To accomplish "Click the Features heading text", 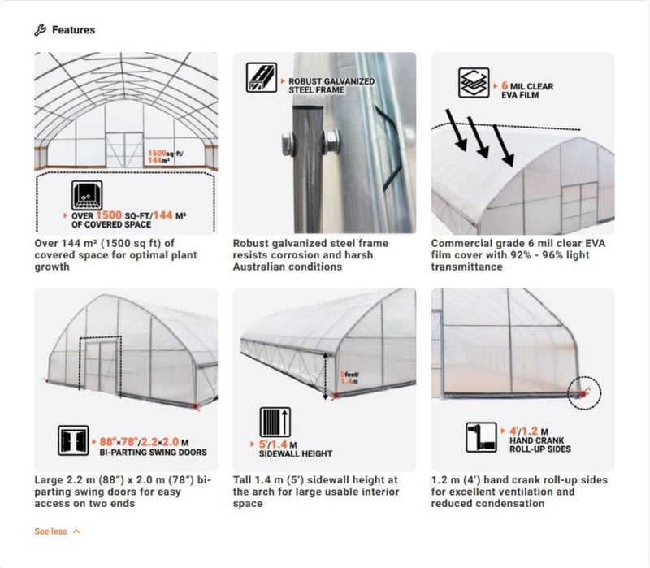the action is coord(73,30).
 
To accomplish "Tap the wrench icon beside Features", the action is coord(40,30).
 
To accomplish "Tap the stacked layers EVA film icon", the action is coord(472,85).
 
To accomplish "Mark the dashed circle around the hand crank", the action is coord(583,392).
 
